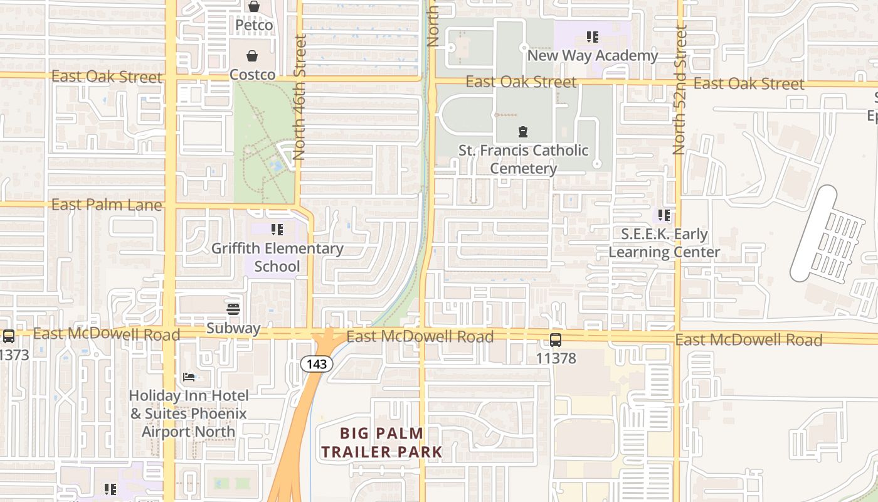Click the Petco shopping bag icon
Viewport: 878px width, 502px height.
253,7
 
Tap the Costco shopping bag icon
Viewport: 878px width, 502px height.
252,56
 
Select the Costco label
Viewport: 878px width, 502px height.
252,75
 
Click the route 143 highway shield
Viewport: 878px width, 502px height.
316,363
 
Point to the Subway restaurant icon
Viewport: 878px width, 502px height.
233,309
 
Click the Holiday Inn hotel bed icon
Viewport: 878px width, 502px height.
189,377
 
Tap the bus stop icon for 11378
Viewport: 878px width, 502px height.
556,340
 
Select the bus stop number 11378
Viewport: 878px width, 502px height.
556,358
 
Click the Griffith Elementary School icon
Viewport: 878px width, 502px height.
277,230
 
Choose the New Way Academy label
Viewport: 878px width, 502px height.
593,55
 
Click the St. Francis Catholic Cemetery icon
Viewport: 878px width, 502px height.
522,132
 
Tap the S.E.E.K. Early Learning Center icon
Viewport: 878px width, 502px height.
664,216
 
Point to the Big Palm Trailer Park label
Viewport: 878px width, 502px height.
381,442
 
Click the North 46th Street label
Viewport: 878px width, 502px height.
300,97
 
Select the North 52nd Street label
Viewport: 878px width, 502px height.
679,89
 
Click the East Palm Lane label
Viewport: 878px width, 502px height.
107,205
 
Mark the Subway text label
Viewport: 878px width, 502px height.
233,328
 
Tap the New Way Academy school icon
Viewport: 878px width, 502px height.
593,37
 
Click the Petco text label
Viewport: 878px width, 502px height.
254,25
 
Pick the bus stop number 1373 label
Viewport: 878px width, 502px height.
14,355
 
